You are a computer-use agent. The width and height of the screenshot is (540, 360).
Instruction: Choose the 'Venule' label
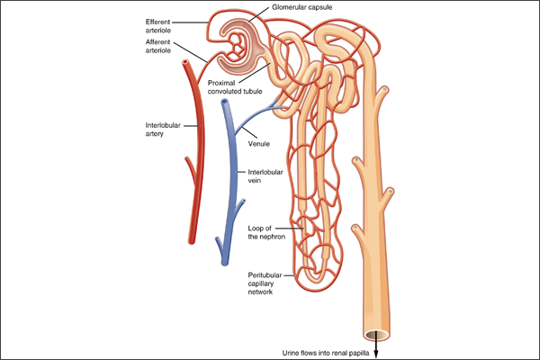[x=260, y=145]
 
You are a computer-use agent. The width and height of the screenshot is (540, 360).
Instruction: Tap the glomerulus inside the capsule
[x=242, y=45]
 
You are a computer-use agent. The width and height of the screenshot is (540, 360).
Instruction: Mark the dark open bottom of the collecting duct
[x=377, y=335]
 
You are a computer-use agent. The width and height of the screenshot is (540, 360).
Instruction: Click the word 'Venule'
[x=260, y=145]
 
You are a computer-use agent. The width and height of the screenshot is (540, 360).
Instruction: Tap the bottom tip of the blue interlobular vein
[x=220, y=260]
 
